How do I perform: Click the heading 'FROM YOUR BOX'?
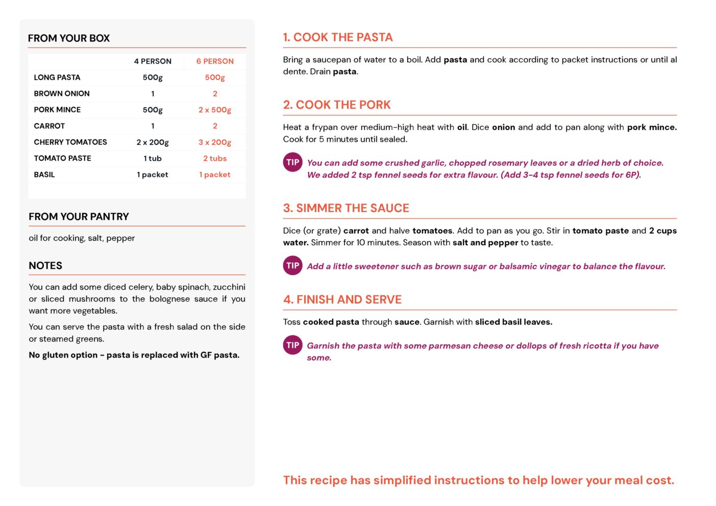[69, 38]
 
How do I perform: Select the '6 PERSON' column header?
[215, 61]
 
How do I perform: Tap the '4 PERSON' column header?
[153, 61]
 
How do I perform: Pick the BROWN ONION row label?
[62, 93]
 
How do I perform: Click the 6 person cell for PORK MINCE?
[215, 110]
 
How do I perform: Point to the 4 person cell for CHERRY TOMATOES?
[153, 142]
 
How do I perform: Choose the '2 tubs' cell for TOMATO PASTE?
[215, 158]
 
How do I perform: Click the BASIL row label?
[44, 174]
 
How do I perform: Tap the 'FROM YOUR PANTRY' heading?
[79, 217]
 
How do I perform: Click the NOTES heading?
[45, 266]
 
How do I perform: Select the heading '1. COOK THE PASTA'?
[338, 37]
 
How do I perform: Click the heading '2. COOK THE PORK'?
[337, 105]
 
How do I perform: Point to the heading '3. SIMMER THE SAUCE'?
[346, 208]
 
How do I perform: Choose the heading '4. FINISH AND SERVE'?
[342, 299]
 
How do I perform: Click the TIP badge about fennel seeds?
[293, 163]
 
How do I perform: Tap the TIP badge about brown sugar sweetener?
[293, 266]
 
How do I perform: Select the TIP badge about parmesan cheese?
[293, 345]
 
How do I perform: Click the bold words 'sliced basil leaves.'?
[513, 322]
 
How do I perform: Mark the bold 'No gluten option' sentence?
[134, 355]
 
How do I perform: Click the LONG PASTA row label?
[57, 78]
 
